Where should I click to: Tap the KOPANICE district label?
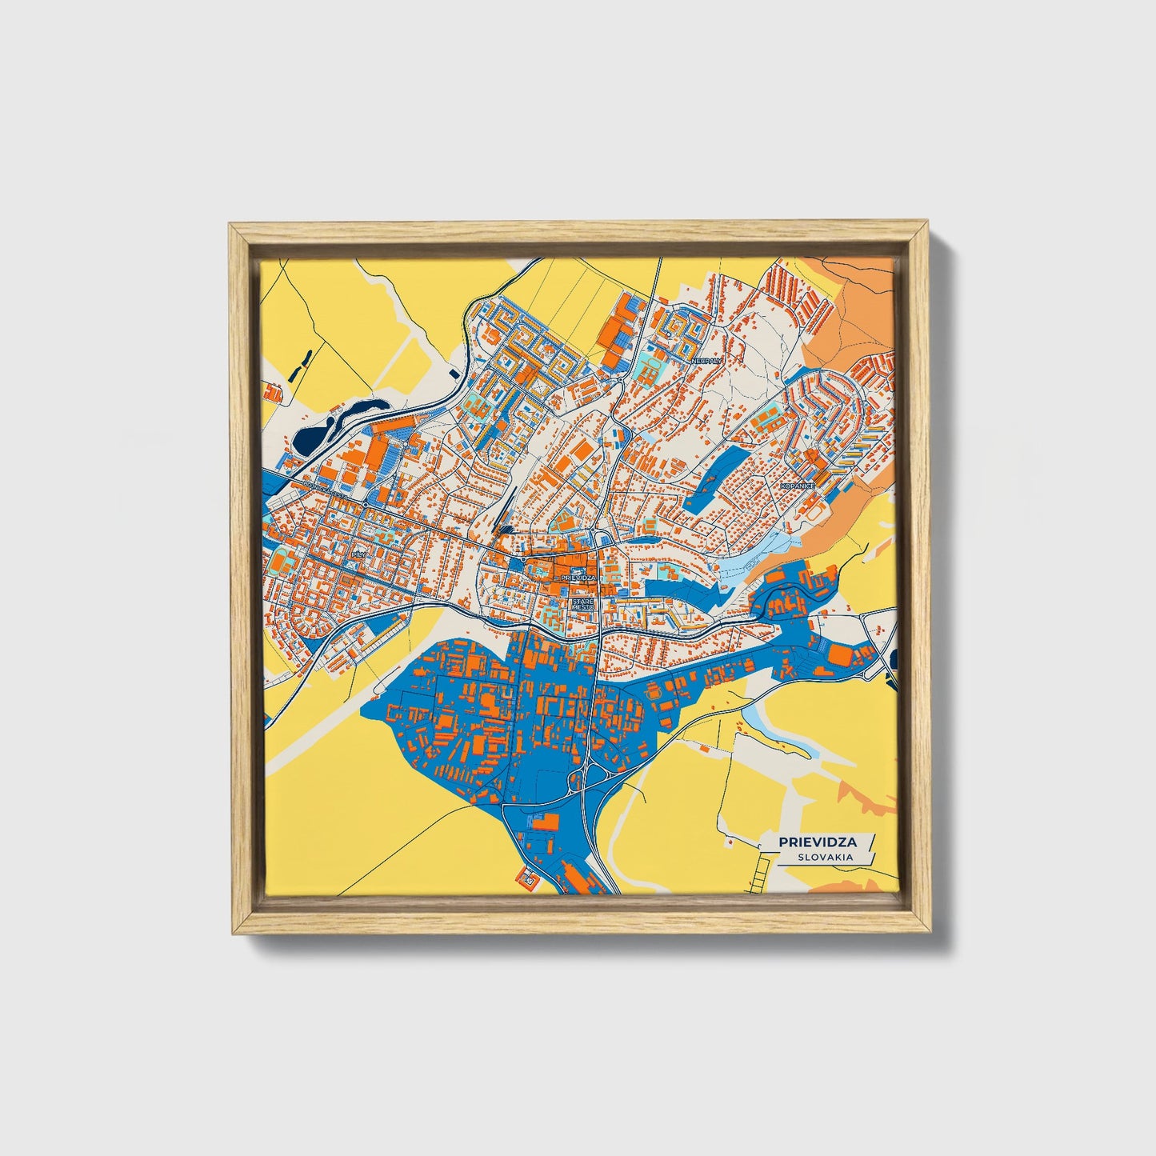(x=798, y=486)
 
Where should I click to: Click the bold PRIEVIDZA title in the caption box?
(x=818, y=842)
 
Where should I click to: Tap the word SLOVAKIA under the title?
(x=825, y=857)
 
